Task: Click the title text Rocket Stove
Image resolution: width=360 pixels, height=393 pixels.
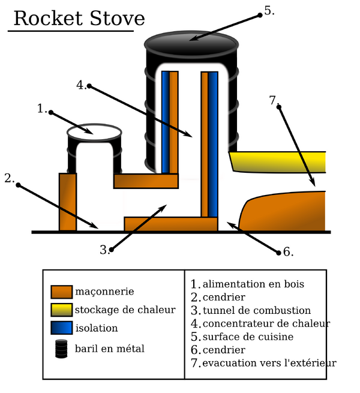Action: [79, 18]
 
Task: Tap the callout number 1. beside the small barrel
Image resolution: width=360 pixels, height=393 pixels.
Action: [42, 109]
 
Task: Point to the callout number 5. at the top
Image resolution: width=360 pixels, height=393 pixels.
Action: [269, 10]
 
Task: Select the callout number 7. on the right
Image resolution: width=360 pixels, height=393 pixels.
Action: [275, 100]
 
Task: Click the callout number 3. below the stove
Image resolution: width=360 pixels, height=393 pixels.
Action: [106, 250]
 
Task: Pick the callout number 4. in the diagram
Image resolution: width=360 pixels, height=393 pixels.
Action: [82, 84]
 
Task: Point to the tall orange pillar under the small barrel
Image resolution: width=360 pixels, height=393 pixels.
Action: [67, 202]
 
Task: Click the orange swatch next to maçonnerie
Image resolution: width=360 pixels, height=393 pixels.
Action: [61, 292]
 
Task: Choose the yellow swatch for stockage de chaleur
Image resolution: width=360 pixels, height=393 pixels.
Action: [61, 310]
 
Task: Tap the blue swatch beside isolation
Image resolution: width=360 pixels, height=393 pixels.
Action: [61, 328]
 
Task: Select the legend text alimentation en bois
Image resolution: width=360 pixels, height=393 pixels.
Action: [253, 284]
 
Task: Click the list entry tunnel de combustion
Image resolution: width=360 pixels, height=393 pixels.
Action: [256, 310]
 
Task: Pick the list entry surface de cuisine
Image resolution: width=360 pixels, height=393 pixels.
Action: [248, 337]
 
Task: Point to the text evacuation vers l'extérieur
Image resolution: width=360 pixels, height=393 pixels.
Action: [269, 363]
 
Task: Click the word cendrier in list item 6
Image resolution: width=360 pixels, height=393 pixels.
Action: [224, 350]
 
